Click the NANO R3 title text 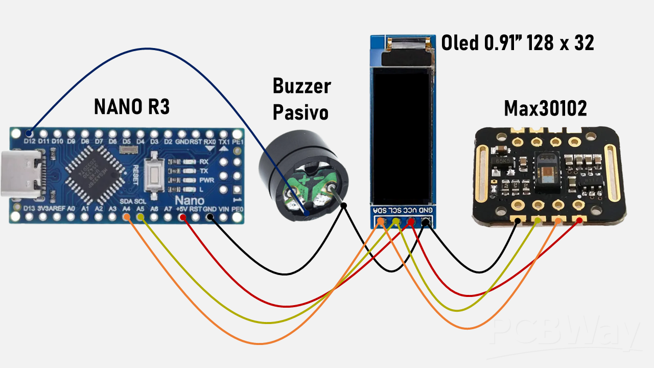click(132, 107)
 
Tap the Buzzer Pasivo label click(301, 99)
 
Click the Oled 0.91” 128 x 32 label click(518, 43)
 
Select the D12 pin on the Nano click(30, 132)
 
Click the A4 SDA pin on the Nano click(127, 217)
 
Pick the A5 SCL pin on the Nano click(141, 217)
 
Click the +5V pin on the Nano click(182, 217)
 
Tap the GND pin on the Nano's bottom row click(209, 217)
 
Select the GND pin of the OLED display click(426, 221)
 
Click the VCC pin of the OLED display click(410, 221)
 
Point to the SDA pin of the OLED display click(381, 221)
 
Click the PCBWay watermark click(567, 335)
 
